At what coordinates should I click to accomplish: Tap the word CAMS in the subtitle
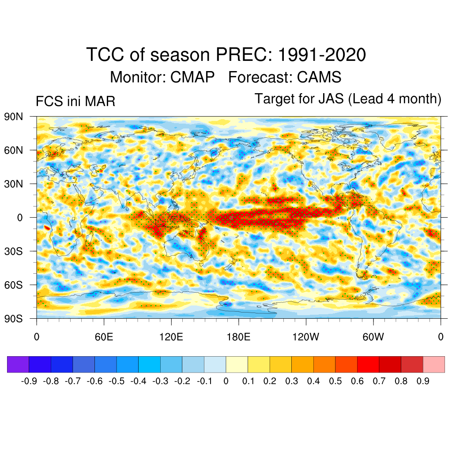[x=319, y=77]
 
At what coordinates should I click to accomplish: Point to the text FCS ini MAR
[x=75, y=102]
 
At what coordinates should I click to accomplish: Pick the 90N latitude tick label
[x=14, y=117]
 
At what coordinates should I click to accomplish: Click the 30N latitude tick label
[x=14, y=184]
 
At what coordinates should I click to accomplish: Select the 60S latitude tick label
[x=14, y=285]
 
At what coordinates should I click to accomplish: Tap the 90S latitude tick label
[x=14, y=318]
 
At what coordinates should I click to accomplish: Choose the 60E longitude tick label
[x=104, y=338]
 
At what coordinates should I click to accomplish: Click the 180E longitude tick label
[x=238, y=338]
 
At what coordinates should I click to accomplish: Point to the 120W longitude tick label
[x=306, y=338]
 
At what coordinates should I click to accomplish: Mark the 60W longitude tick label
[x=373, y=338]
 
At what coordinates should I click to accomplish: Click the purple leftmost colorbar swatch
[x=18, y=365]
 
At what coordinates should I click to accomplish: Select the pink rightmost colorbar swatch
[x=433, y=365]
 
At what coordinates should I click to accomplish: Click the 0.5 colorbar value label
[x=335, y=381]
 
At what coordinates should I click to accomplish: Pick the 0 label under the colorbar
[x=226, y=381]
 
